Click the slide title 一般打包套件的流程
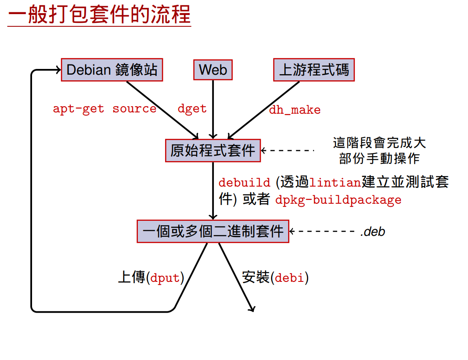99,15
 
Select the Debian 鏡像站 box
112,70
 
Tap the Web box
213,70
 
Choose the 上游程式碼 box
314,70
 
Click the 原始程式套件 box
213,151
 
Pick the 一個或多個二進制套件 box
213,231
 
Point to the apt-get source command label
104,109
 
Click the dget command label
192,109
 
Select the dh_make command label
295,110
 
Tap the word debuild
245,182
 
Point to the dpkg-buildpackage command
338,200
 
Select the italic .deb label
372,231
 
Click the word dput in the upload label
165,278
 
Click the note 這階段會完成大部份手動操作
379,151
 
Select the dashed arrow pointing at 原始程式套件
288,151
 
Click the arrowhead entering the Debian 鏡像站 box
58,70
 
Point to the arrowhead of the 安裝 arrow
252,309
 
